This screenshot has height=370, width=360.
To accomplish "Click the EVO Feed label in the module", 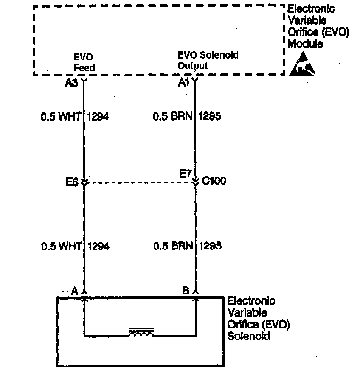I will pos(84,62).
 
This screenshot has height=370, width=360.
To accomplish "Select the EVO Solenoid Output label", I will pos(208,60).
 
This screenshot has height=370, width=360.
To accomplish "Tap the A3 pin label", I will pos(71,83).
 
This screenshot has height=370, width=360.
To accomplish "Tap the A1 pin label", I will pos(183,83).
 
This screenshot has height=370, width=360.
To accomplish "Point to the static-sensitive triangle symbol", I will pos(302,64).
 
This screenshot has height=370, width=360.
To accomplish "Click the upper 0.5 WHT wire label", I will pos(61,116).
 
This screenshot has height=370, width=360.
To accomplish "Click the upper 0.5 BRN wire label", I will pos(173,116).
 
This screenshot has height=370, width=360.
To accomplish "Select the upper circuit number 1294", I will pos(98,116).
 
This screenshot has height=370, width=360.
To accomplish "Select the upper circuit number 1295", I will pos(210,116).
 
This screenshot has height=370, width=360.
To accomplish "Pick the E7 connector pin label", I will pos(185,173).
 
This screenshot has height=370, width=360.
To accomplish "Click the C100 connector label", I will pos(214,181).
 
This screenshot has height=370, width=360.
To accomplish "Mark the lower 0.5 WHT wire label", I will pos(61,246).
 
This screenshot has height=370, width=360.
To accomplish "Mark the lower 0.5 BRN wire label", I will pos(173,246).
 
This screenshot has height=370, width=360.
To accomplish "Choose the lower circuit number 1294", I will pos(98,246).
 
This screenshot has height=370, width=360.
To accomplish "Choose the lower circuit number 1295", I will pos(210,246).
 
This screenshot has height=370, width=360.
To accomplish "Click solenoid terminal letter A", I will pos(75,291).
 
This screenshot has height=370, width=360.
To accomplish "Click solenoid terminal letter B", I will pos(186,291).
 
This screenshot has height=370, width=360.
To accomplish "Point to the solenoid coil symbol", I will pos(141,332).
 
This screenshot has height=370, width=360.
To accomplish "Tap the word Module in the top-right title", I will pos(305,44).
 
